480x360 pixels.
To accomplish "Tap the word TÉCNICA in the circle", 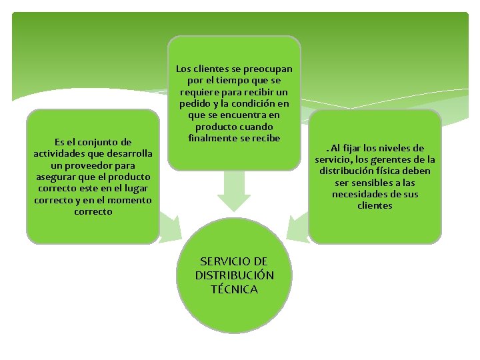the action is tap(234, 289).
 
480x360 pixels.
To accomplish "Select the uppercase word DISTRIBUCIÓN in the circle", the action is tap(234, 275).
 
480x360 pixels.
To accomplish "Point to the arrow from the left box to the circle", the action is tap(169, 227).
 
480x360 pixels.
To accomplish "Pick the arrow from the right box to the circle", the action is tap(298, 227).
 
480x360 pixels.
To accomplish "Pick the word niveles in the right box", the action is tap(390, 147).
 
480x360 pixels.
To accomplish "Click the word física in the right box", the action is tap(394, 171).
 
